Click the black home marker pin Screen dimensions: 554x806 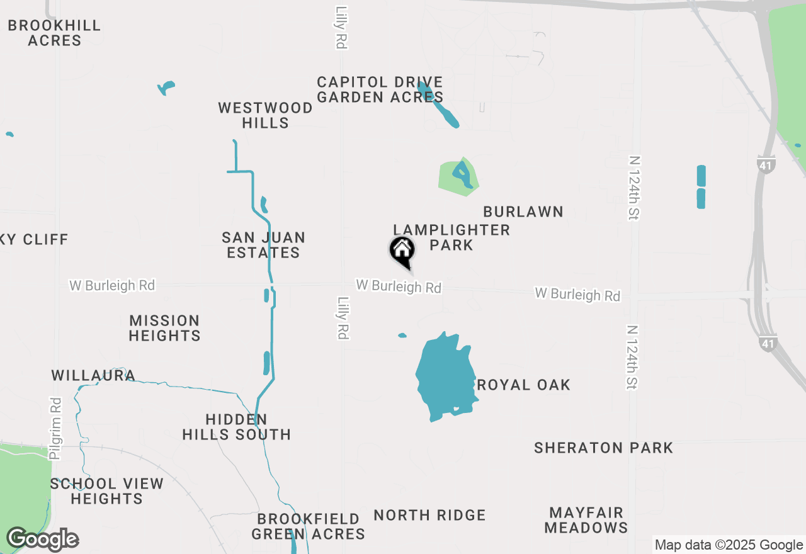(402, 251)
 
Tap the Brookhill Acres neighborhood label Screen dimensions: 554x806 (54, 33)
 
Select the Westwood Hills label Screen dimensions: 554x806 (265, 115)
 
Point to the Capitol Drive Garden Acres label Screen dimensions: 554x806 (380, 89)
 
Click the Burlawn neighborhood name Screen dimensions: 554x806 (523, 212)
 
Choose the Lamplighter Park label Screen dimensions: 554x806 (451, 237)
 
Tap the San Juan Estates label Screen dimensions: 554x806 (263, 245)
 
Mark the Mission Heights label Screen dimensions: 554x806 (164, 328)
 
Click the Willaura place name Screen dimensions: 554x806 (93, 376)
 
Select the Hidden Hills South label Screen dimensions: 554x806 (236, 427)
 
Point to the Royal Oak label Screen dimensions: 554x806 (524, 385)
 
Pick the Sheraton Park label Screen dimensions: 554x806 (603, 448)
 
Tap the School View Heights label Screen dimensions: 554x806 (106, 491)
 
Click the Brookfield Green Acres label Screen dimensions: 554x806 (308, 526)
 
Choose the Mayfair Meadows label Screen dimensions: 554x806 (586, 520)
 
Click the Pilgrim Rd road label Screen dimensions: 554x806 (55, 428)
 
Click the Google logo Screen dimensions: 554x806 (42, 540)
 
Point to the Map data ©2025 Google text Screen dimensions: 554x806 (729, 545)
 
